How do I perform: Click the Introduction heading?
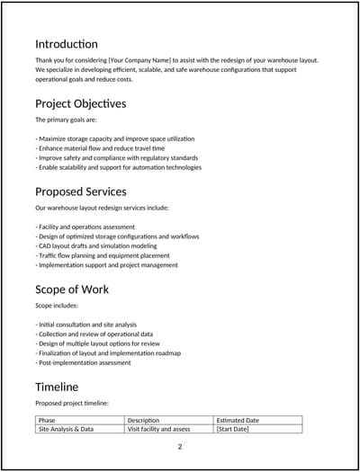(x=67, y=44)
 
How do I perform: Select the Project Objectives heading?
(x=80, y=103)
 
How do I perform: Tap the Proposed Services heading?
(x=80, y=191)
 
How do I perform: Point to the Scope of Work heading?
(x=72, y=289)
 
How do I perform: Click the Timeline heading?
(x=57, y=387)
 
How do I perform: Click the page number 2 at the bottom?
(x=180, y=447)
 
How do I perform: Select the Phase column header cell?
(x=47, y=420)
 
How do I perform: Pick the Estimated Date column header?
(x=238, y=420)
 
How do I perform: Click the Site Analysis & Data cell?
(x=66, y=430)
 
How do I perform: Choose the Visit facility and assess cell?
(x=159, y=430)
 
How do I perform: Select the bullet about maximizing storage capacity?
(x=115, y=139)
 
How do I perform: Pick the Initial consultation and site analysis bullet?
(x=86, y=325)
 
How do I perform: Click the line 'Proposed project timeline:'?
(x=72, y=404)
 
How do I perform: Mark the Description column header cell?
(x=143, y=420)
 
